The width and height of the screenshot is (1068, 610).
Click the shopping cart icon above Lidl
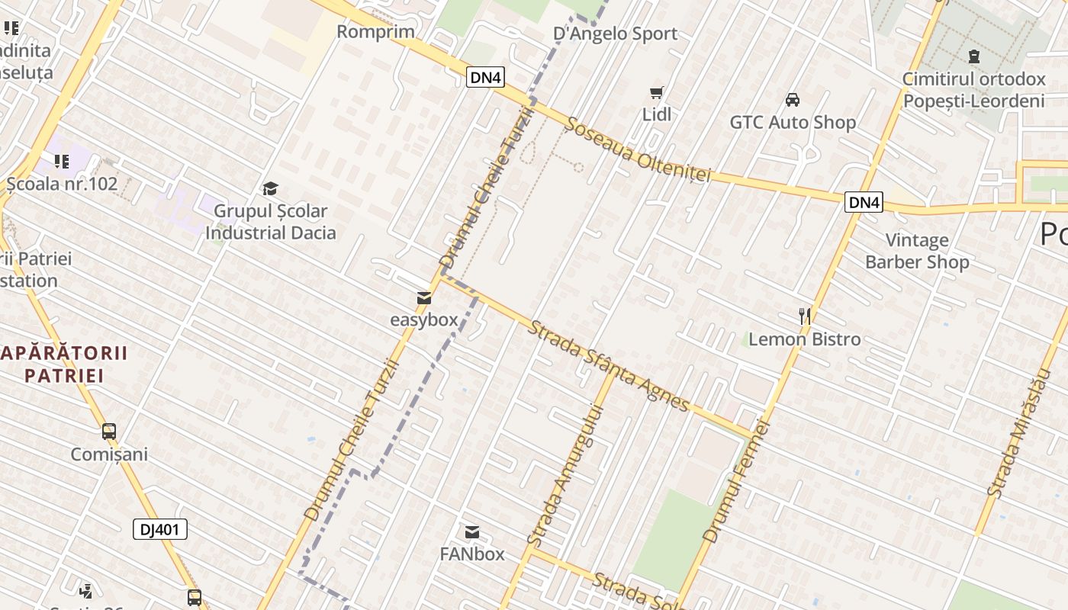[656, 93]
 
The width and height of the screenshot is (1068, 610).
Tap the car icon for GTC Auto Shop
[793, 100]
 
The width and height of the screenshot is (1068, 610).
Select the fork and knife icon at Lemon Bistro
[804, 316]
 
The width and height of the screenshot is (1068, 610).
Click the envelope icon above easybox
[424, 298]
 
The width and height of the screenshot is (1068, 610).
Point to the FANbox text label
[472, 554]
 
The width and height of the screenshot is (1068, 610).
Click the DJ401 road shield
[160, 529]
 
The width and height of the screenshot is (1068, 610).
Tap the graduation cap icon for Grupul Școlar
[270, 188]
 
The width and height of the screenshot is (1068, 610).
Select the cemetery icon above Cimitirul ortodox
[973, 56]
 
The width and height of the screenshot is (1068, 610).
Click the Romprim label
[375, 31]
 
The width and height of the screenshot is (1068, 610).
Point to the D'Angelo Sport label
[615, 34]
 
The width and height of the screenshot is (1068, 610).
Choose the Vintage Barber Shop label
[917, 251]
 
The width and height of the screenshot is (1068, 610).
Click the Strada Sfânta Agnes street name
[609, 365]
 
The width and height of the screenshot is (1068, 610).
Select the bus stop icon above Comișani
[109, 432]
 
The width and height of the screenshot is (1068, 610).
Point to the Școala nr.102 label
[62, 184]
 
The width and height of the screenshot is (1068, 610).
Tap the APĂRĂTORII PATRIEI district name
[64, 364]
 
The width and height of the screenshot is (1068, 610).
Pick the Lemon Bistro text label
[804, 339]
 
